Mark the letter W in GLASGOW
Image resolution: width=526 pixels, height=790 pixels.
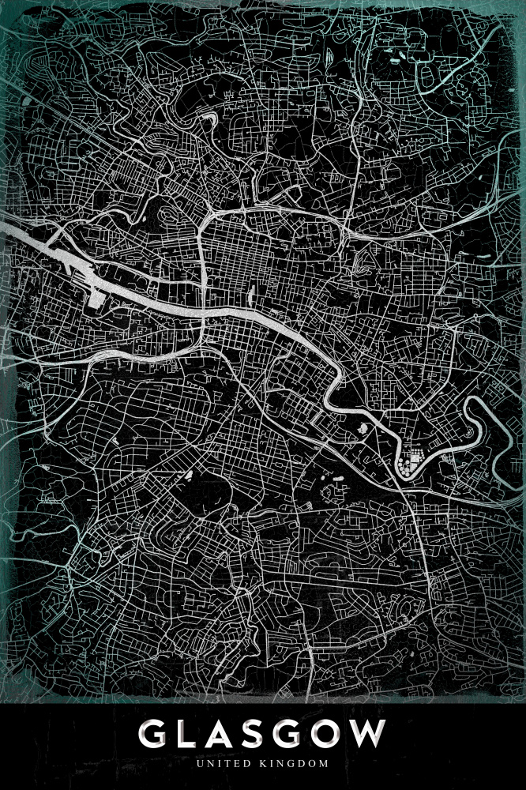click(x=374, y=735)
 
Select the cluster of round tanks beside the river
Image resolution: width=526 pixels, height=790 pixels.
click(x=408, y=462)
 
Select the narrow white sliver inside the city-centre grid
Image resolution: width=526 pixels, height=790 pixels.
click(x=250, y=297)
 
